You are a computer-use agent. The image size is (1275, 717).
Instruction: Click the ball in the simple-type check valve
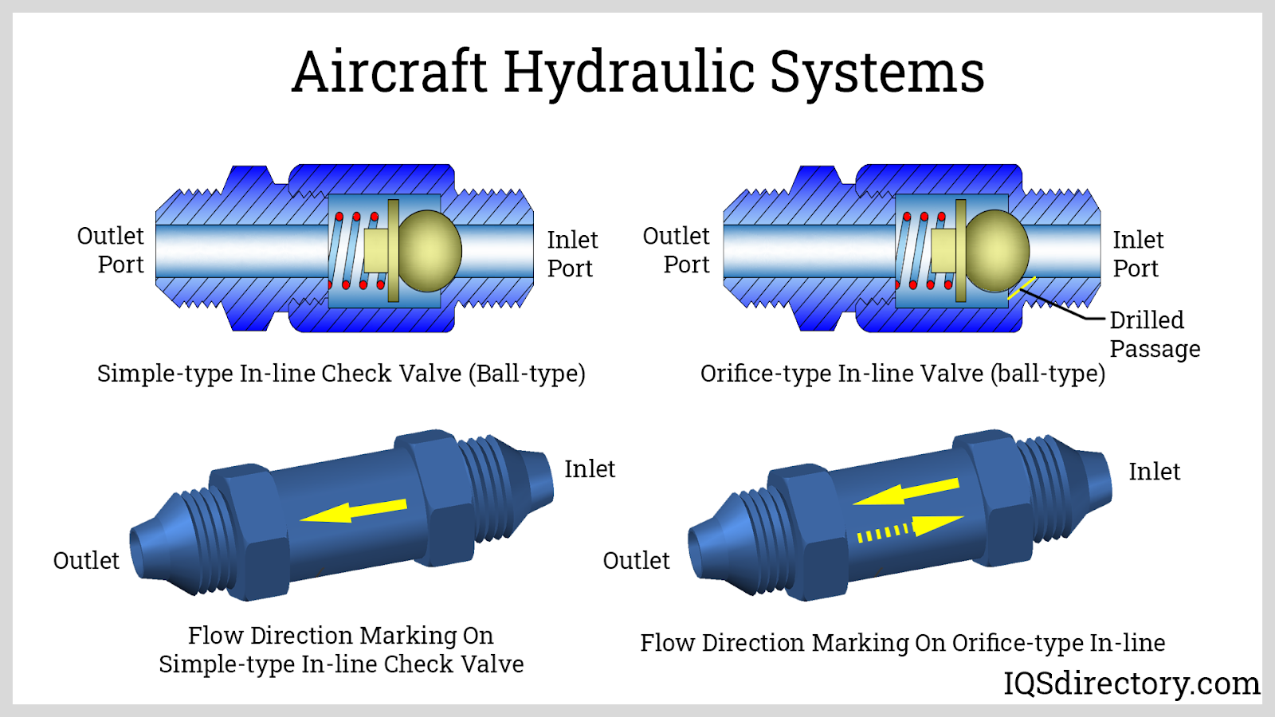(x=430, y=250)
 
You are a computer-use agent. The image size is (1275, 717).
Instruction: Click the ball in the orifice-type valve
(x=998, y=250)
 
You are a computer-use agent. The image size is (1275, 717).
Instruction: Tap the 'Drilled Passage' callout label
(x=1154, y=334)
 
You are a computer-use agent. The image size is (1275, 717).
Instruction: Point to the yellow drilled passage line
(x=1022, y=288)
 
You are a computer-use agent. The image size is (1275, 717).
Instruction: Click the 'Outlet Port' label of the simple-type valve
(x=111, y=250)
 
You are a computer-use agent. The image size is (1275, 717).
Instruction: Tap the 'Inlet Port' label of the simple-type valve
(x=571, y=254)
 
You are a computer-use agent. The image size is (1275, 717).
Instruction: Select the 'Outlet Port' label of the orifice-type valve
(x=677, y=250)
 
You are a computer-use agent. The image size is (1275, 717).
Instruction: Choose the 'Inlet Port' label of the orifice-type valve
(x=1137, y=254)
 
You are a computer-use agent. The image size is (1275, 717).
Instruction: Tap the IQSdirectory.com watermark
(x=1131, y=684)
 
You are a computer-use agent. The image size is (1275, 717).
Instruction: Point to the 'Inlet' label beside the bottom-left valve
(x=590, y=469)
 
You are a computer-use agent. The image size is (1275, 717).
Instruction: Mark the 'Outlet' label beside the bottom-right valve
(x=636, y=561)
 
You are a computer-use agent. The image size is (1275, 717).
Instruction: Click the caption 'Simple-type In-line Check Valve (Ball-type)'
(x=341, y=374)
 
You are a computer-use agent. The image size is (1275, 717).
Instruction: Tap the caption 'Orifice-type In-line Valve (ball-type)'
(x=902, y=374)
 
